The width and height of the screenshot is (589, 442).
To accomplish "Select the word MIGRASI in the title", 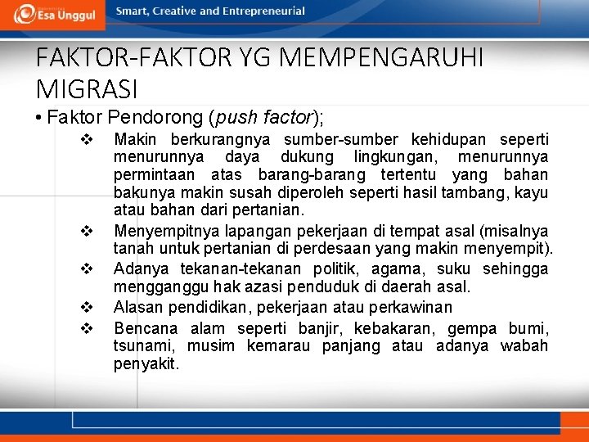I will [x=88, y=87].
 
